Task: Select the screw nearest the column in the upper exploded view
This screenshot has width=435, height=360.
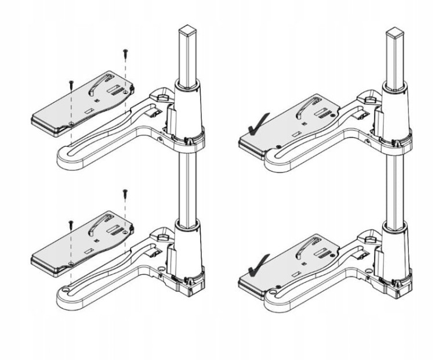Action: click(x=125, y=53)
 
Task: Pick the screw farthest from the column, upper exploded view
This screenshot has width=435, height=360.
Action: click(x=70, y=82)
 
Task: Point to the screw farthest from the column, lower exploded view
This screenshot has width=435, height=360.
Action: click(x=70, y=222)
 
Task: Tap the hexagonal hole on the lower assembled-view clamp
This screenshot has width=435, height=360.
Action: click(x=368, y=236)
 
